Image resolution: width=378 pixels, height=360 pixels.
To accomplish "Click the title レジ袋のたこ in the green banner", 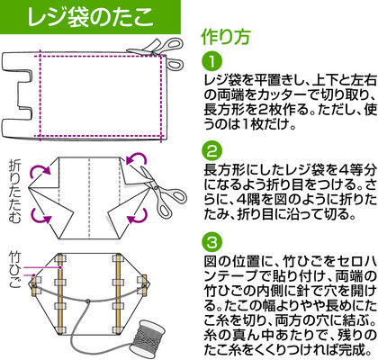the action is tap(90, 17).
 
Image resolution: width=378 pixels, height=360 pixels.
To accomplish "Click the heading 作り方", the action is tap(226, 37).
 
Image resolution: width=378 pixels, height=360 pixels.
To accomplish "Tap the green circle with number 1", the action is tap(212, 62).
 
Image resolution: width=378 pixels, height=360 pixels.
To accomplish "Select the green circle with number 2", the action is tap(212, 152).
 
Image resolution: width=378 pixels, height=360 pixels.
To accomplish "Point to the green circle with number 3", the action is tap(212, 242).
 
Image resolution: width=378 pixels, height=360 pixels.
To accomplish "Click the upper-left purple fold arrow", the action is tap(40, 170).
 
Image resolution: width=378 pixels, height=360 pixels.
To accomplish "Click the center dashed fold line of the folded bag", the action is tap(90, 198).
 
